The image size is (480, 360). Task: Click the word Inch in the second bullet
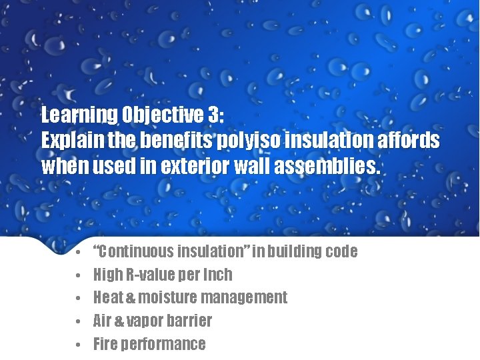coord(217,275)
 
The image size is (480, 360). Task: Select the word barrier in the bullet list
coord(193,321)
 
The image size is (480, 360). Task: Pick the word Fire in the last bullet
coord(105,344)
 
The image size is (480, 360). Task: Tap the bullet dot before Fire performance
coord(78,345)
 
